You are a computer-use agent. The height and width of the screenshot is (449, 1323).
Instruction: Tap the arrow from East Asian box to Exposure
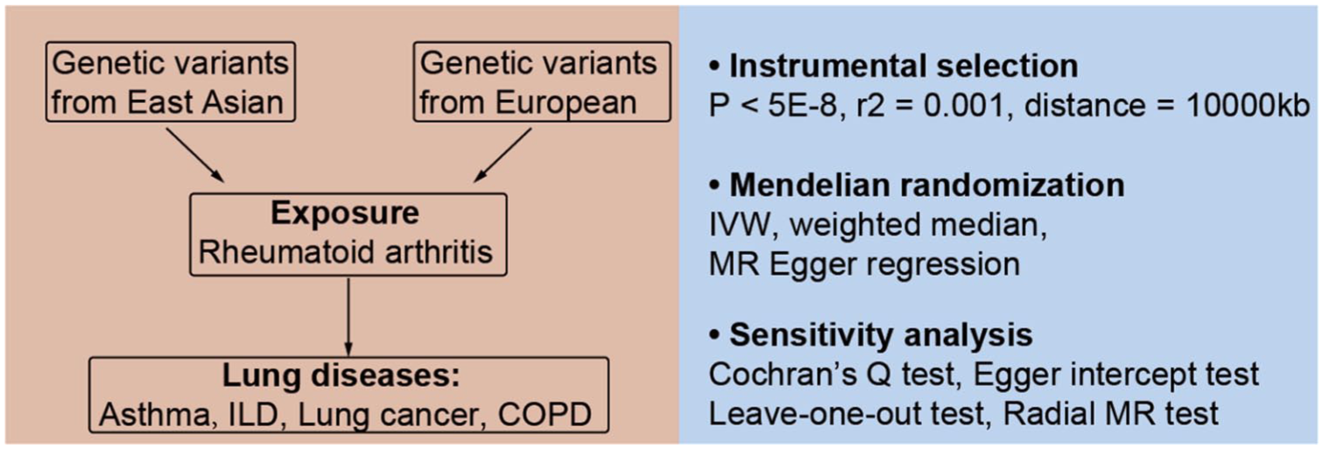pyautogui.click(x=195, y=155)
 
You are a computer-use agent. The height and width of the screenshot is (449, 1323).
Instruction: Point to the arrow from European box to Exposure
pyautogui.click(x=502, y=155)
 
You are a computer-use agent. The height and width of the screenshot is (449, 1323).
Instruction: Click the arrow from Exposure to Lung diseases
pyautogui.click(x=348, y=318)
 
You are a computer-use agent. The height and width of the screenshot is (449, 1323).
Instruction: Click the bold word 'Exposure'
pyautogui.click(x=345, y=213)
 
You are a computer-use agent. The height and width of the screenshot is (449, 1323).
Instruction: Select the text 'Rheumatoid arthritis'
pyautogui.click(x=346, y=253)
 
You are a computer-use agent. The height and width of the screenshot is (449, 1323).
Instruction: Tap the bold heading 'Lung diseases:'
pyautogui.click(x=341, y=375)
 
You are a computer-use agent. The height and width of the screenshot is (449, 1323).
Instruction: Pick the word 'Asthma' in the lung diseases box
pyautogui.click(x=154, y=414)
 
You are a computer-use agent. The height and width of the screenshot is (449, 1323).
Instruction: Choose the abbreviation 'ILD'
pyautogui.click(x=253, y=414)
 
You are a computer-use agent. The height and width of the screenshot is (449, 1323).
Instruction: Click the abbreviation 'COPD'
pyautogui.click(x=545, y=414)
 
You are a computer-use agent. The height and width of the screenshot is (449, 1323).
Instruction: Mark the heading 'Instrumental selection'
pyautogui.click(x=904, y=66)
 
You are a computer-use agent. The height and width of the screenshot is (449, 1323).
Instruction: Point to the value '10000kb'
pyautogui.click(x=1247, y=106)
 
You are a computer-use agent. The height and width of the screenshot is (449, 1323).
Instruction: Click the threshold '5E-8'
pyautogui.click(x=802, y=106)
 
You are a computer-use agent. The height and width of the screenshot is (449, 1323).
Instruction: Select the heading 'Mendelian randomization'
pyautogui.click(x=927, y=186)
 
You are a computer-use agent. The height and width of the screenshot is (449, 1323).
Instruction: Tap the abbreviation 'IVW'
pyautogui.click(x=740, y=225)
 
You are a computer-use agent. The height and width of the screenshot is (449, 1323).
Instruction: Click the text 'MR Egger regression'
pyautogui.click(x=864, y=264)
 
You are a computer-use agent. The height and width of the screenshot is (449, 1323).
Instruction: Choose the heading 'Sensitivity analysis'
pyautogui.click(x=881, y=335)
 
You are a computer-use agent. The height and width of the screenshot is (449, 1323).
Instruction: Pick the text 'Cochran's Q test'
pyautogui.click(x=832, y=374)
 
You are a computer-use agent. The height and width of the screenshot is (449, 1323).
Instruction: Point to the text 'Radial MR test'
pyautogui.click(x=1111, y=414)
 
